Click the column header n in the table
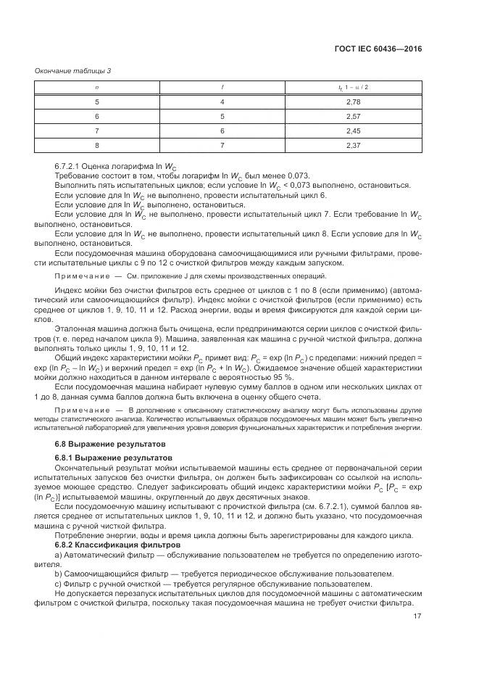point(97,88)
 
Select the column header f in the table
point(222,88)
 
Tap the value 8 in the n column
point(97,144)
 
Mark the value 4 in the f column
point(222,103)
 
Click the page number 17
point(417,618)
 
